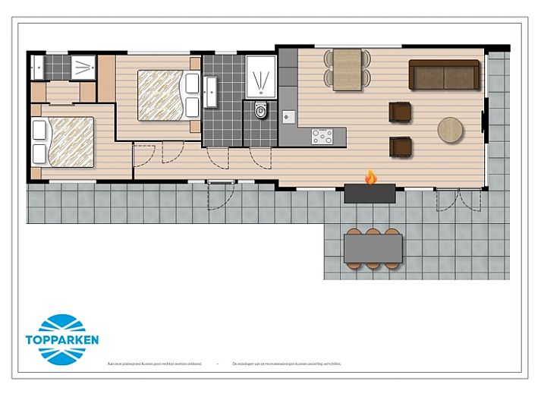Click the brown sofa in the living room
pos(444,74)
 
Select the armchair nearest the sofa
pos(400,112)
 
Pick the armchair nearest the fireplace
pos(400,146)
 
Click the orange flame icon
pos(370,178)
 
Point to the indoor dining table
pos(348,69)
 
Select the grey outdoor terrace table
pos(373,248)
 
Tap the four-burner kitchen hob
pos(322,137)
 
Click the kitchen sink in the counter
pos(288,117)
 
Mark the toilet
pos(262,111)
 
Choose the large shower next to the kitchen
pos(261,77)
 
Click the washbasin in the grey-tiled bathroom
pos(210,90)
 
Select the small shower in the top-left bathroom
pos(82,67)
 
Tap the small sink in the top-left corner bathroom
pos(36,67)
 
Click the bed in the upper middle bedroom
pos(162,95)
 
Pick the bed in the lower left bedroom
pos(64,141)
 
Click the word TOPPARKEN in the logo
pos(61,340)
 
